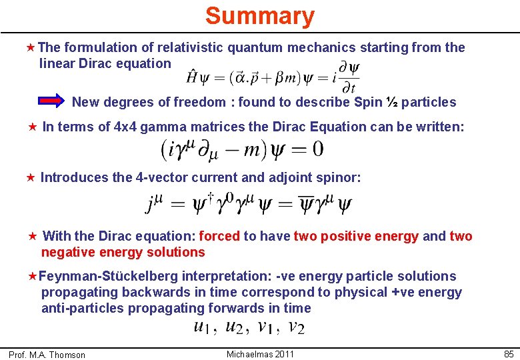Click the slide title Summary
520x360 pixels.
point(259,16)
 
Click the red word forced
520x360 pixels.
point(219,236)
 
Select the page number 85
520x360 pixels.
point(509,354)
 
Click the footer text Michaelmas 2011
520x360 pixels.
point(259,354)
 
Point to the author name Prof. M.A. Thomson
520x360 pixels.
point(47,355)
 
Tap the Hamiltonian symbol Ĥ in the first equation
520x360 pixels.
point(192,78)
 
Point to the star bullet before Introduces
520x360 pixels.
point(29,178)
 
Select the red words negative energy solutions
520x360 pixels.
point(123,252)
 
